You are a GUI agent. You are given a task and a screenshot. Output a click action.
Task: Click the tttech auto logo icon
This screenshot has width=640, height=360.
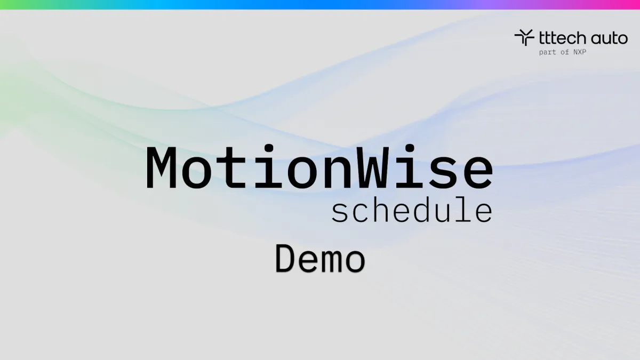[x=524, y=37]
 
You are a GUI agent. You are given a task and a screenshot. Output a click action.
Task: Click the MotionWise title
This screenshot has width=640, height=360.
[x=319, y=167]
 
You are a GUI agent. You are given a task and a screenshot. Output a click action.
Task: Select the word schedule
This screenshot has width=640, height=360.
[x=411, y=211]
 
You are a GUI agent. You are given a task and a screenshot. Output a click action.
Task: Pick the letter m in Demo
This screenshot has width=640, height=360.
[x=332, y=261]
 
